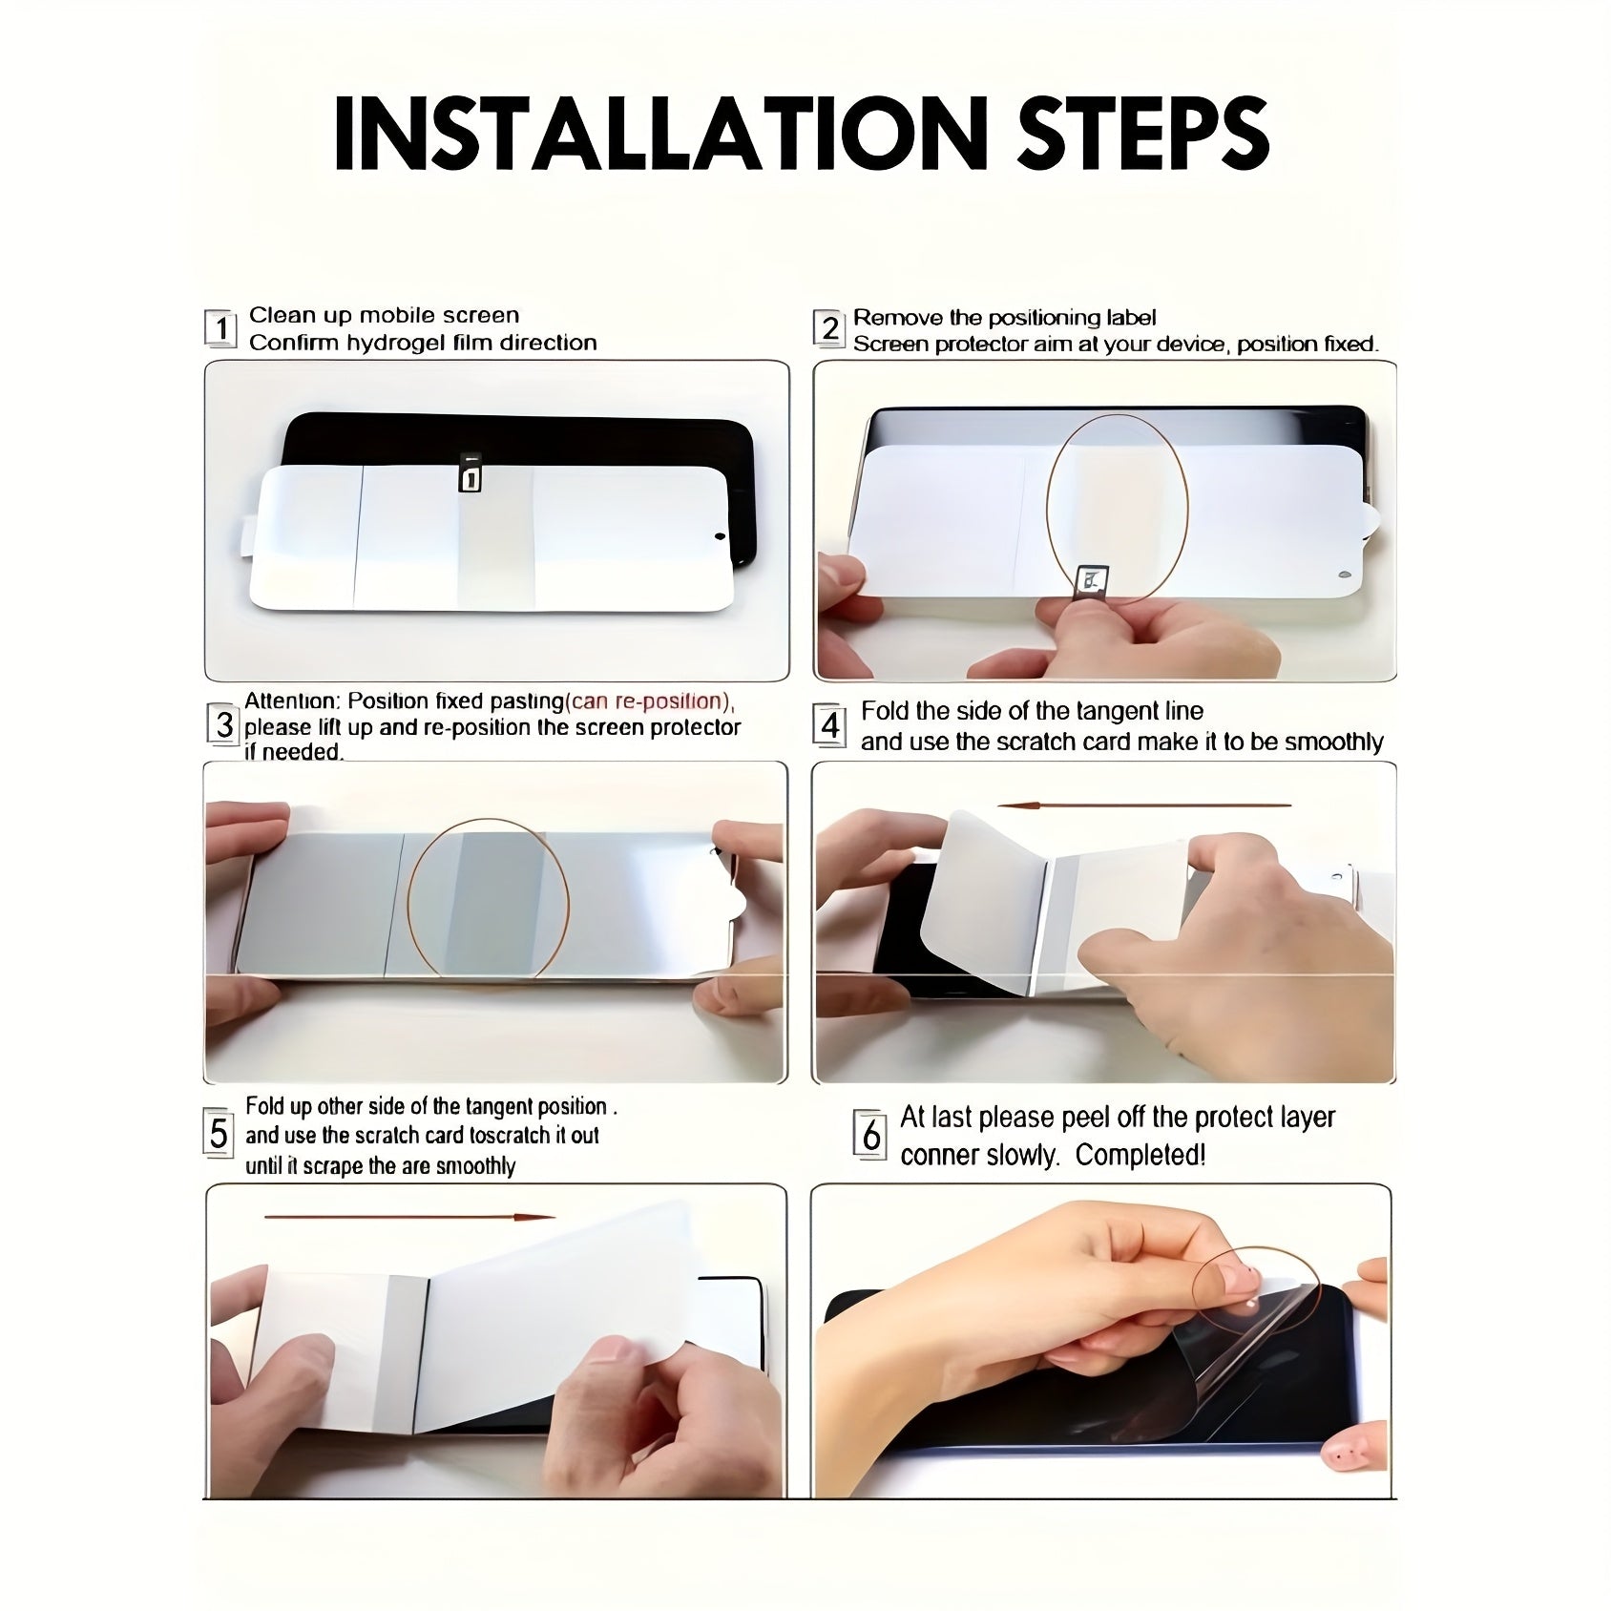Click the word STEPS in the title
pyautogui.click(x=1143, y=134)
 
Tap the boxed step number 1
pyautogui.click(x=220, y=328)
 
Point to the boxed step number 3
pyautogui.click(x=223, y=724)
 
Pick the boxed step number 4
pyautogui.click(x=830, y=725)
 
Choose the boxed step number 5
pyautogui.click(x=219, y=1133)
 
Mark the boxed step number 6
pyautogui.click(x=870, y=1135)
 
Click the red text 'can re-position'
pyautogui.click(x=648, y=701)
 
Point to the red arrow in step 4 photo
pyautogui.click(x=1143, y=805)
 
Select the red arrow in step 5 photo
pyautogui.click(x=409, y=1217)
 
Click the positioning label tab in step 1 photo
pyautogui.click(x=469, y=472)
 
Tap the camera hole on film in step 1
pyautogui.click(x=719, y=536)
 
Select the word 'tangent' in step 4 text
pyautogui.click(x=1104, y=711)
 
